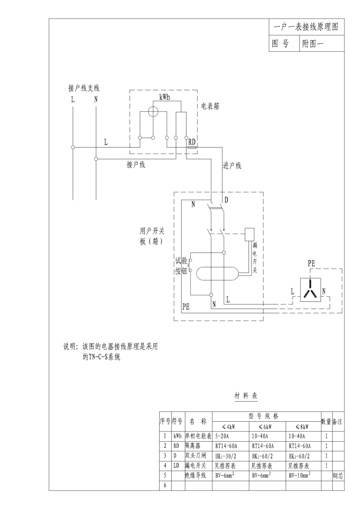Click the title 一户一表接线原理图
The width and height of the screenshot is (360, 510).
(x=306, y=27)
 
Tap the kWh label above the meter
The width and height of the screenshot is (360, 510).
(x=164, y=97)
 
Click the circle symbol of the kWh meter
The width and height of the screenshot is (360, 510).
(x=153, y=111)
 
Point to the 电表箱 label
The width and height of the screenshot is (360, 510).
(x=210, y=107)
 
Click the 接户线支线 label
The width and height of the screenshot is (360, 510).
(x=84, y=88)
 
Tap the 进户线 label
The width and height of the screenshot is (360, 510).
(x=232, y=166)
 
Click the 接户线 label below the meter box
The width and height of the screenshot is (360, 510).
(x=136, y=165)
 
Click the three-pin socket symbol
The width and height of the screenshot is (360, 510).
(x=310, y=290)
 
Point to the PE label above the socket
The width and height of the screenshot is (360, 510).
(x=311, y=263)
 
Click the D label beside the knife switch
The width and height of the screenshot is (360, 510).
(x=226, y=200)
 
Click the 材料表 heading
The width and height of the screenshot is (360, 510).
(x=246, y=396)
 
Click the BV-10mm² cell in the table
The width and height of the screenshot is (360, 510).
(x=299, y=475)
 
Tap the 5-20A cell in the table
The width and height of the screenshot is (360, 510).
(x=222, y=436)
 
